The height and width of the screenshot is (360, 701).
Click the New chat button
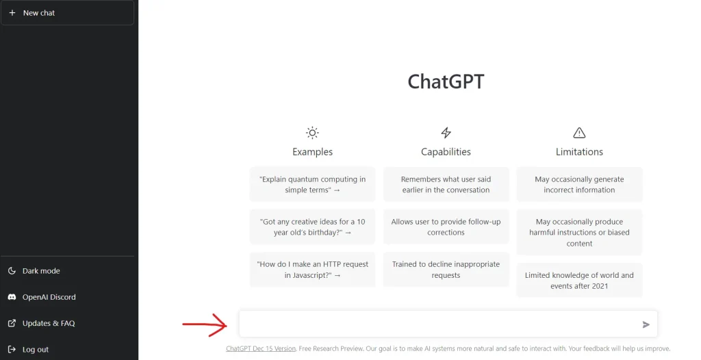68,13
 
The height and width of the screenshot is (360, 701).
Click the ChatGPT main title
446,81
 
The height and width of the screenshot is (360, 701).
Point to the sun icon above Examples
312,133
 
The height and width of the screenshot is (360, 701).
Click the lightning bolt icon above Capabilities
446,133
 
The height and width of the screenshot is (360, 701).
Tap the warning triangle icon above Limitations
579,133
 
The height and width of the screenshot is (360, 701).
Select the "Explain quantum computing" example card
312,185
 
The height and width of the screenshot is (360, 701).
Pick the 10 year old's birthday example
312,227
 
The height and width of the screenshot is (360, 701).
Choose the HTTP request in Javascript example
312,270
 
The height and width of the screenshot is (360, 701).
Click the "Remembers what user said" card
446,185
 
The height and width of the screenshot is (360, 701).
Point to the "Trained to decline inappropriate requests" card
446,270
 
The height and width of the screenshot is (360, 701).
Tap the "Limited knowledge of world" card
579,281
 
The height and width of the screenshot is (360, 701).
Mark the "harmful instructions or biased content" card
579,233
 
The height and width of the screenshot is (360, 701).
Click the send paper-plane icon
646,324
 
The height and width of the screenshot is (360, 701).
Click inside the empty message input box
438,324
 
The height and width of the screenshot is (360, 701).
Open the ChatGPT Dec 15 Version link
261,349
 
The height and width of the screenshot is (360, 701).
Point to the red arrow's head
226,324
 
